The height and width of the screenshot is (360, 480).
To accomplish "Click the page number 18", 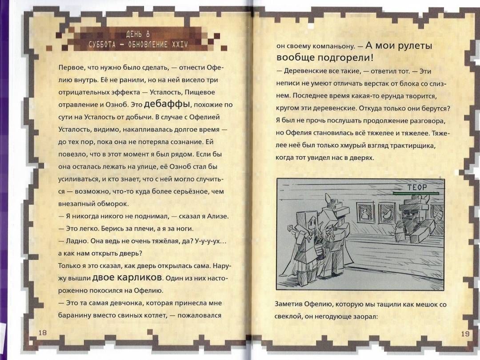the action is point(43,332).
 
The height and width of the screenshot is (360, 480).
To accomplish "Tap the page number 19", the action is point(465,333).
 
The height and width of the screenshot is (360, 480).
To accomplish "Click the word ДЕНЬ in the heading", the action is point(133,34).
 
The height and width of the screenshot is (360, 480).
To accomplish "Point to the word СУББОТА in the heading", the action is point(102,45).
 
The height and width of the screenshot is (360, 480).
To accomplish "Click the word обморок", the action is point(115,204).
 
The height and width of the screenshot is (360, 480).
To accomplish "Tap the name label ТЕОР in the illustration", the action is point(416,188).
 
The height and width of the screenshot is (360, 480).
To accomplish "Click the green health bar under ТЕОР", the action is point(416,193).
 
